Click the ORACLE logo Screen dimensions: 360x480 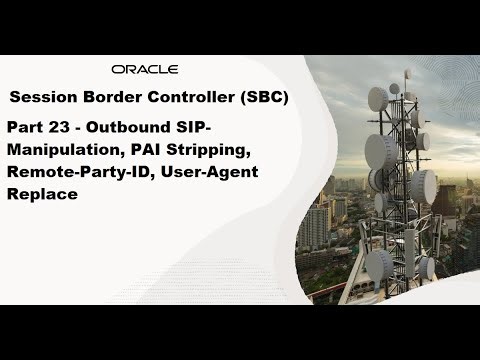(145, 70)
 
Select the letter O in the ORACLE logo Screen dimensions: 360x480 (118, 70)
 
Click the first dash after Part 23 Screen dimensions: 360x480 (82, 129)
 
